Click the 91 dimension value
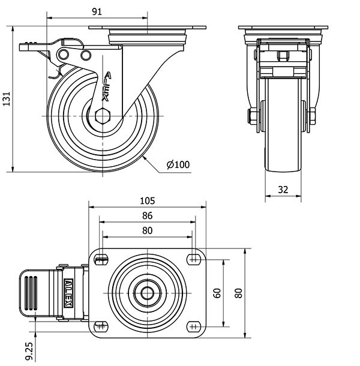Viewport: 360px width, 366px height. point(97,11)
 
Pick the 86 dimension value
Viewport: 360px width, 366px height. point(148,215)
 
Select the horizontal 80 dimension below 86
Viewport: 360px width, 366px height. point(148,230)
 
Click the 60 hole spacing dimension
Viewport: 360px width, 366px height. point(217,293)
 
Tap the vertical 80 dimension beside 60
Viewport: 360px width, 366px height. point(239,293)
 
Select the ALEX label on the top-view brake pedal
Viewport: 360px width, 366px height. point(69,293)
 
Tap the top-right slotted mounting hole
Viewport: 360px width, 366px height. point(193,259)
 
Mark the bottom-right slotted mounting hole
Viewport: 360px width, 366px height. point(193,326)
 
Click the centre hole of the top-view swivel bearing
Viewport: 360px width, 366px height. point(148,293)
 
